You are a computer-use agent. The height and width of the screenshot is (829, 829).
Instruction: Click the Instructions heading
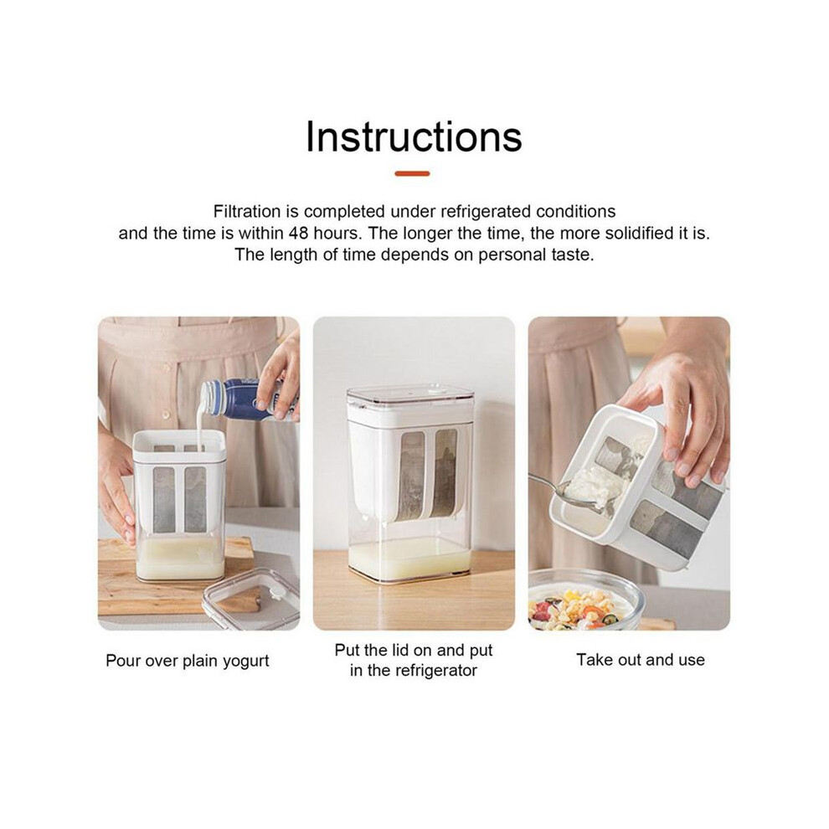click(x=414, y=136)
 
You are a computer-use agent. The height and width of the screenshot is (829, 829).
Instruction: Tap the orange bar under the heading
click(x=412, y=173)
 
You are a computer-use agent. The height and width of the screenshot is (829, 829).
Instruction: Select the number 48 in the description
click(x=299, y=233)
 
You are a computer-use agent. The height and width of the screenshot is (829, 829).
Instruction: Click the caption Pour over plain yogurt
click(x=188, y=661)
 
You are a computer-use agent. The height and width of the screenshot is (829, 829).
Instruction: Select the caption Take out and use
click(x=641, y=660)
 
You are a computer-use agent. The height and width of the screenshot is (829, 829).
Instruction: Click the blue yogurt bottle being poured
click(x=243, y=399)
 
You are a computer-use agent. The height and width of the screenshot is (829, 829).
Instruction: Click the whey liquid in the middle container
click(x=409, y=560)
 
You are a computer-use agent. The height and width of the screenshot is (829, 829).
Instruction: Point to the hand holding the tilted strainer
click(x=682, y=407)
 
